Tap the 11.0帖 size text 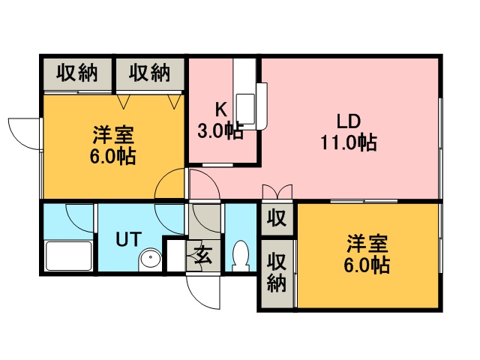(x=349, y=142)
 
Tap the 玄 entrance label (x=203, y=256)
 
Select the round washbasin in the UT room (x=150, y=260)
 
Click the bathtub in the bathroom (x=68, y=256)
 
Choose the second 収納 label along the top (x=149, y=73)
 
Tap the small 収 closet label (x=277, y=218)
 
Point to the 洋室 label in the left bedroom (x=114, y=136)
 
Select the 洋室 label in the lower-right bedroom (x=367, y=244)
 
